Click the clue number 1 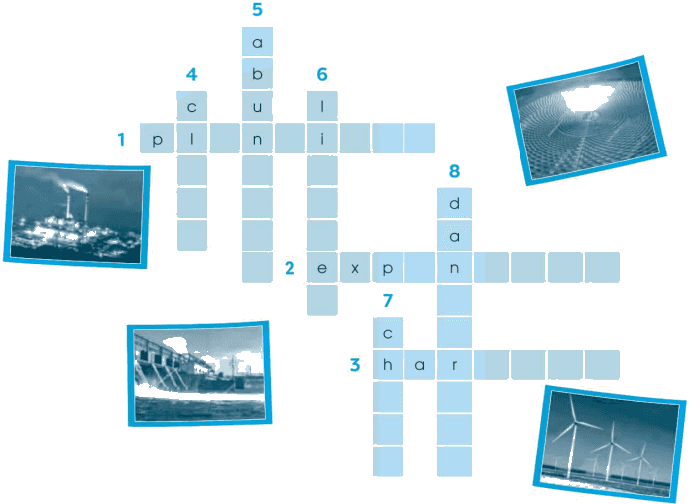(x=121, y=140)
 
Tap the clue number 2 (x=289, y=268)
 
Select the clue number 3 (x=355, y=365)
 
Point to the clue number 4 (x=191, y=74)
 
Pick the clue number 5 (x=257, y=9)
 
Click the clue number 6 (x=322, y=74)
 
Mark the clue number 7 (x=388, y=301)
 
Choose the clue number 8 (x=454, y=171)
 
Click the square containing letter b (x=257, y=73)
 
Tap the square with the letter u (x=257, y=106)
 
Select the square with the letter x (x=355, y=268)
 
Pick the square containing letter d (x=454, y=203)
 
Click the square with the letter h (x=388, y=365)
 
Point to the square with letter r (x=454, y=365)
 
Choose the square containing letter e (x=322, y=268)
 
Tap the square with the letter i (x=322, y=139)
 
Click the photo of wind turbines (x=610, y=444)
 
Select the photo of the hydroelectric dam (x=199, y=373)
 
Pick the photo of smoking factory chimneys (x=77, y=215)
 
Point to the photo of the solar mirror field (x=586, y=121)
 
